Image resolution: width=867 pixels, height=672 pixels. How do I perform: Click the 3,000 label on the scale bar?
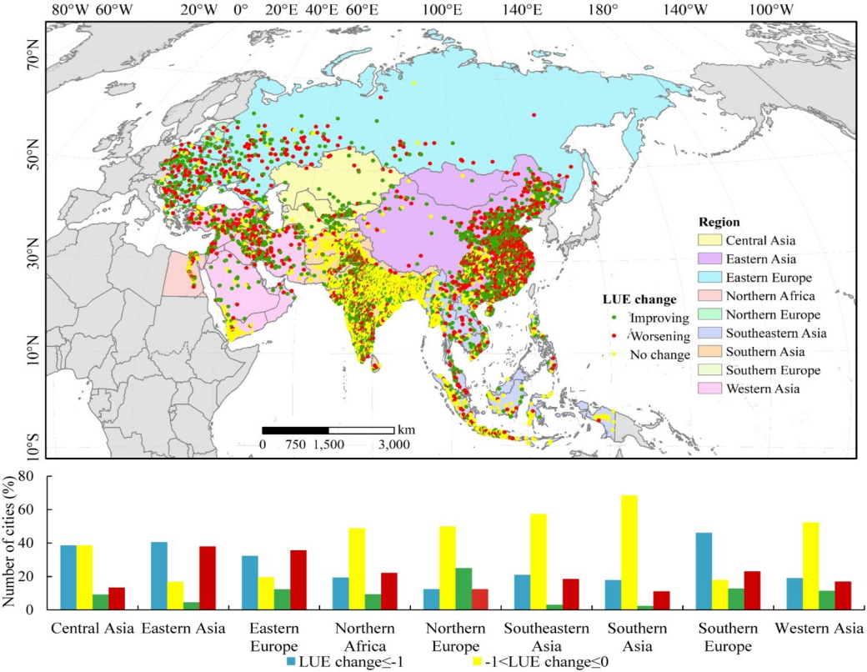(x=393, y=445)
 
